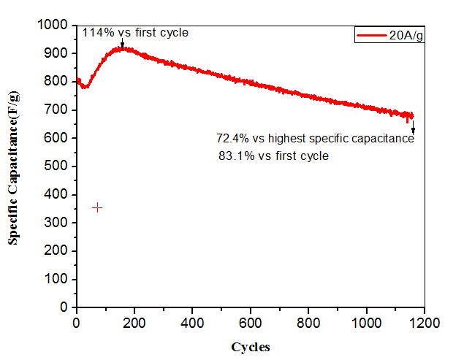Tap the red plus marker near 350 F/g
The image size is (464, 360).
pyautogui.click(x=97, y=207)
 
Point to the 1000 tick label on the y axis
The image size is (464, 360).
pyautogui.click(x=54, y=26)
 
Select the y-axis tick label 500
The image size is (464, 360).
pyautogui.click(x=58, y=166)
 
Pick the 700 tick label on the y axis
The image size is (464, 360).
pyautogui.click(x=58, y=110)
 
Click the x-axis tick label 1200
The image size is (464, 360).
pyautogui.click(x=425, y=322)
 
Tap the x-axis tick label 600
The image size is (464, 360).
pyautogui.click(x=250, y=322)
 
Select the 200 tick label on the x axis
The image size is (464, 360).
pyautogui.click(x=134, y=322)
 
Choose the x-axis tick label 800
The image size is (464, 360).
pyautogui.click(x=308, y=322)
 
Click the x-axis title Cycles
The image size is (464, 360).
pyautogui.click(x=251, y=347)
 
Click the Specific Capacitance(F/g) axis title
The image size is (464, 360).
pyautogui.click(x=14, y=166)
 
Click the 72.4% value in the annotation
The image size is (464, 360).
pyautogui.click(x=232, y=139)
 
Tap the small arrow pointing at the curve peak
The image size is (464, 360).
pyautogui.click(x=122, y=44)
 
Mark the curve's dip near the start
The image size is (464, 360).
pyautogui.click(x=86, y=87)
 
